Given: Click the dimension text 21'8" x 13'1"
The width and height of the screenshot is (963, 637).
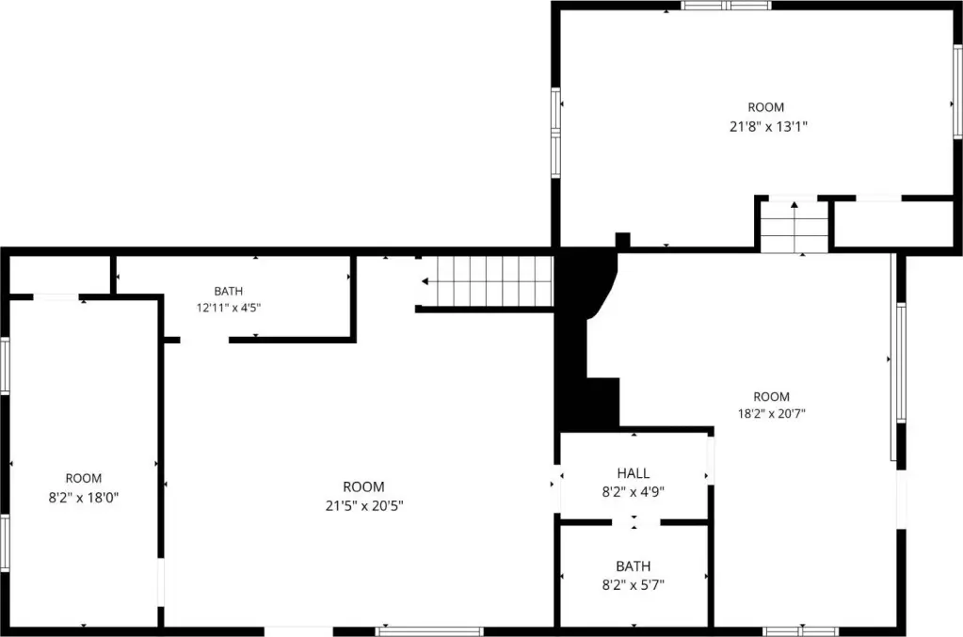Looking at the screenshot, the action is point(768,126).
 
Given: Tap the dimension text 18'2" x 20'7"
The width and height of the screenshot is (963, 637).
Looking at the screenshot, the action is point(771,414).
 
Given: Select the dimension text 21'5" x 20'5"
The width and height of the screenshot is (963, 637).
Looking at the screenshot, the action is point(364,505).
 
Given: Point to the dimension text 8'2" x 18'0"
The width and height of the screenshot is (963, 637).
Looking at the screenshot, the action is point(84,497).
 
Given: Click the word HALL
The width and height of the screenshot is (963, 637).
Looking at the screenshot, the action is point(634,473).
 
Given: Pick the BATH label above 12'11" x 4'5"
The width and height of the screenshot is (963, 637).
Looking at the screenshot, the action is point(229,291).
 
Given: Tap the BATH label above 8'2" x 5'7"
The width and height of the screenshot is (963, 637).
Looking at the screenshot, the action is point(634,566).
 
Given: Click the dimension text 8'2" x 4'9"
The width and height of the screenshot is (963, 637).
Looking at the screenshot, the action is point(634,491).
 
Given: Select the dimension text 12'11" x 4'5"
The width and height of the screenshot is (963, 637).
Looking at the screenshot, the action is point(229,308).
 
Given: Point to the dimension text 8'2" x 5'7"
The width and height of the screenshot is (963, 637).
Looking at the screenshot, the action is point(634,585).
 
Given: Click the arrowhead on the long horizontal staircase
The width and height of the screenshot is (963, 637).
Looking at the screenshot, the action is point(425,281).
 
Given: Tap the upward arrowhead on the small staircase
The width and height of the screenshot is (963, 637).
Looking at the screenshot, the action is point(794,204).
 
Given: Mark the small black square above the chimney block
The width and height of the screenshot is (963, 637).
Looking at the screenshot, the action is point(623,240).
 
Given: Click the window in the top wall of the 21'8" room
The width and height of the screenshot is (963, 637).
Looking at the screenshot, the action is point(726,6).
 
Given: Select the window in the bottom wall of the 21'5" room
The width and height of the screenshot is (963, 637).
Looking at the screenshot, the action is point(429,631).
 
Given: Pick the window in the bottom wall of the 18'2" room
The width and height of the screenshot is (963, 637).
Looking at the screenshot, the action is point(801,631).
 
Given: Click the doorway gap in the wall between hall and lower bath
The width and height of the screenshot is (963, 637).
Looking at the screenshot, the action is point(635,523).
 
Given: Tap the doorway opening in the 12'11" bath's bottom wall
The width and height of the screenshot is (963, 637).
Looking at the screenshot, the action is point(204,340).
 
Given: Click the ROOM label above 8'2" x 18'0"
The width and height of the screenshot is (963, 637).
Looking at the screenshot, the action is point(84,479).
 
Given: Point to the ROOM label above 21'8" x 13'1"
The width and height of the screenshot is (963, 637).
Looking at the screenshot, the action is point(766,107).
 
